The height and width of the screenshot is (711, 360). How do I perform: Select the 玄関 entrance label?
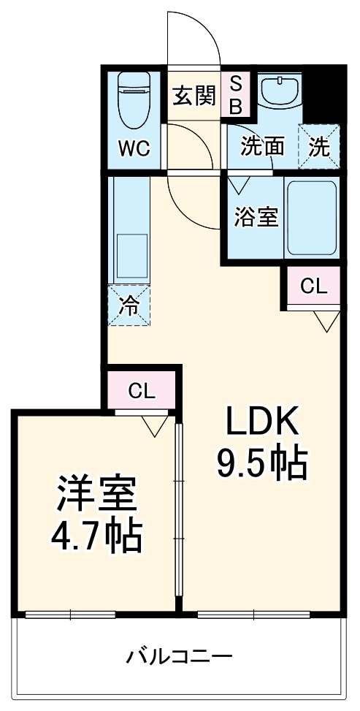[195, 95]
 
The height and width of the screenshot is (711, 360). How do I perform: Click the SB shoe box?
[236, 95]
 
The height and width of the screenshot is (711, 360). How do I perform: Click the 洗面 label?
[263, 147]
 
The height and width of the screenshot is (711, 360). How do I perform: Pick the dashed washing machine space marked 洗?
[320, 147]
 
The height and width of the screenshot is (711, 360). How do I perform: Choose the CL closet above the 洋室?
[142, 391]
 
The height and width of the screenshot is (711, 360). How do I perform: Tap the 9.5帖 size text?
[261, 462]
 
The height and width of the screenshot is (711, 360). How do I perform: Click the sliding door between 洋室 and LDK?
[178, 512]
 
